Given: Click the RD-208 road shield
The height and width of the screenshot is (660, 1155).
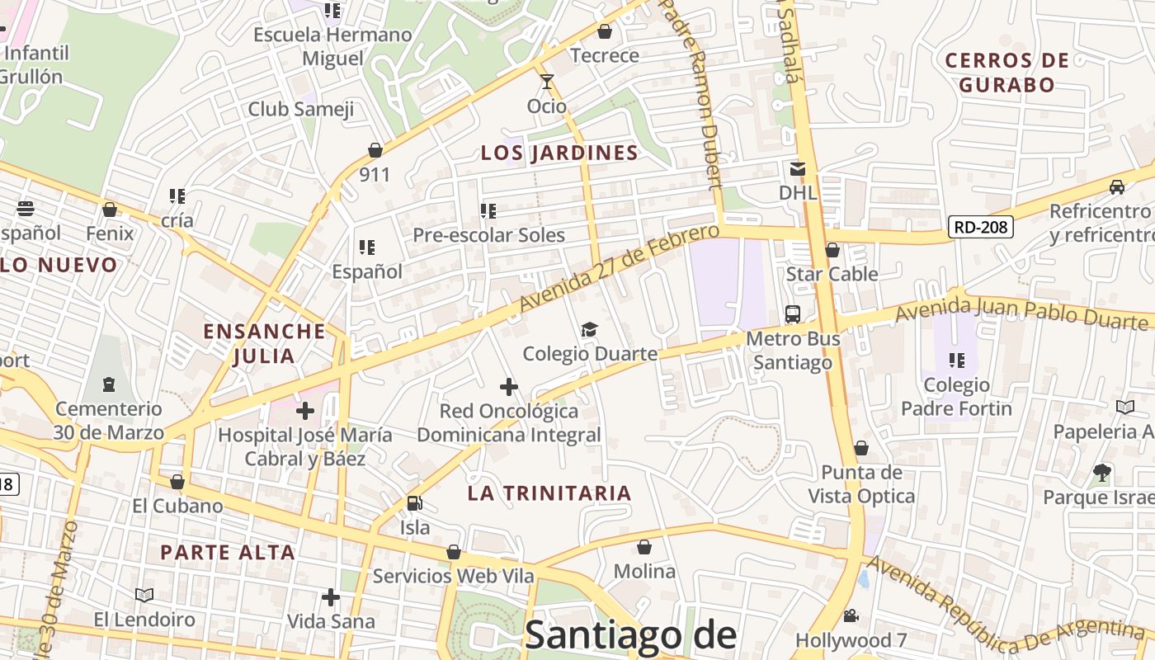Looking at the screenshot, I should coord(980,227).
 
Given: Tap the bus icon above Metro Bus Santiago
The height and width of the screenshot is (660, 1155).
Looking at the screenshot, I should coord(793,314).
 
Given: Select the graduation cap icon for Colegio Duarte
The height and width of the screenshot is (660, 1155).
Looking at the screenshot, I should coord(589,330).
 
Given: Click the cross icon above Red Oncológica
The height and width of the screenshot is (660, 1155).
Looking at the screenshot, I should coord(509,386).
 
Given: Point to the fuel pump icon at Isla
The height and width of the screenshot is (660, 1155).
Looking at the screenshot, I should coord(414,502).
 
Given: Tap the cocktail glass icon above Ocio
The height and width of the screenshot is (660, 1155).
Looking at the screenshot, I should coord(546,81).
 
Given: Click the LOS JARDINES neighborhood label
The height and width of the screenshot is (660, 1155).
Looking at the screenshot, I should coord(559,153).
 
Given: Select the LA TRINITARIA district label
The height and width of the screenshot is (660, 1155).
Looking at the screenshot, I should coord(549,493).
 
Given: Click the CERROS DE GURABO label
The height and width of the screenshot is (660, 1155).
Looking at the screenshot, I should coord(1006,72).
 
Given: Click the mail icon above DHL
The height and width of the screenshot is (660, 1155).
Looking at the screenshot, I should coord(798,168).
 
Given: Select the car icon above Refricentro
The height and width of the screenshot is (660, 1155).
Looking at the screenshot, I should coord(1116,187).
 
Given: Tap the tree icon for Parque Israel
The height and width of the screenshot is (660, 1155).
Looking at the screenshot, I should coord(1101,473).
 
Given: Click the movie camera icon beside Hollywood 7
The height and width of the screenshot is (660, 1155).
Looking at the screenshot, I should coord(851,615).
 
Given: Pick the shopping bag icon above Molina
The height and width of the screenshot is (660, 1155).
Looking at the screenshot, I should coord(644,547).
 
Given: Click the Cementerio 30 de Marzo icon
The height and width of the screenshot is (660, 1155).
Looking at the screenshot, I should coord(108,384).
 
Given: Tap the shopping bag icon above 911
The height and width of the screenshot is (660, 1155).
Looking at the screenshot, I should coord(375,150).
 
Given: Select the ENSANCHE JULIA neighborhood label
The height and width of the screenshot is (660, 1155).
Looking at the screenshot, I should coord(264,343).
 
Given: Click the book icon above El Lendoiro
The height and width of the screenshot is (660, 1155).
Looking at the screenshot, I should coord(144,595).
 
